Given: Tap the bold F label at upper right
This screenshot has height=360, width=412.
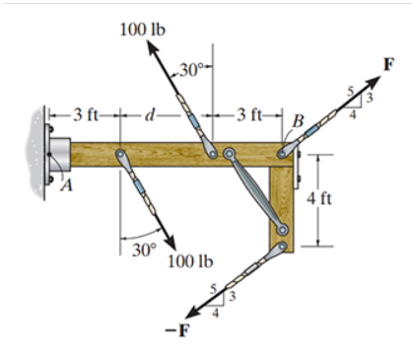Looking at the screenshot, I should [389, 65].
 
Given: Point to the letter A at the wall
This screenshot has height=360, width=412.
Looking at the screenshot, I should [68, 190].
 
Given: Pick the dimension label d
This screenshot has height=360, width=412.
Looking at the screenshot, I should [149, 117].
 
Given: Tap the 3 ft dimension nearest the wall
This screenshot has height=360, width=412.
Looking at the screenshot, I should [87, 117].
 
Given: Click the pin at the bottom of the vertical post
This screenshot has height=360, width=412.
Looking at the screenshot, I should [283, 231].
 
